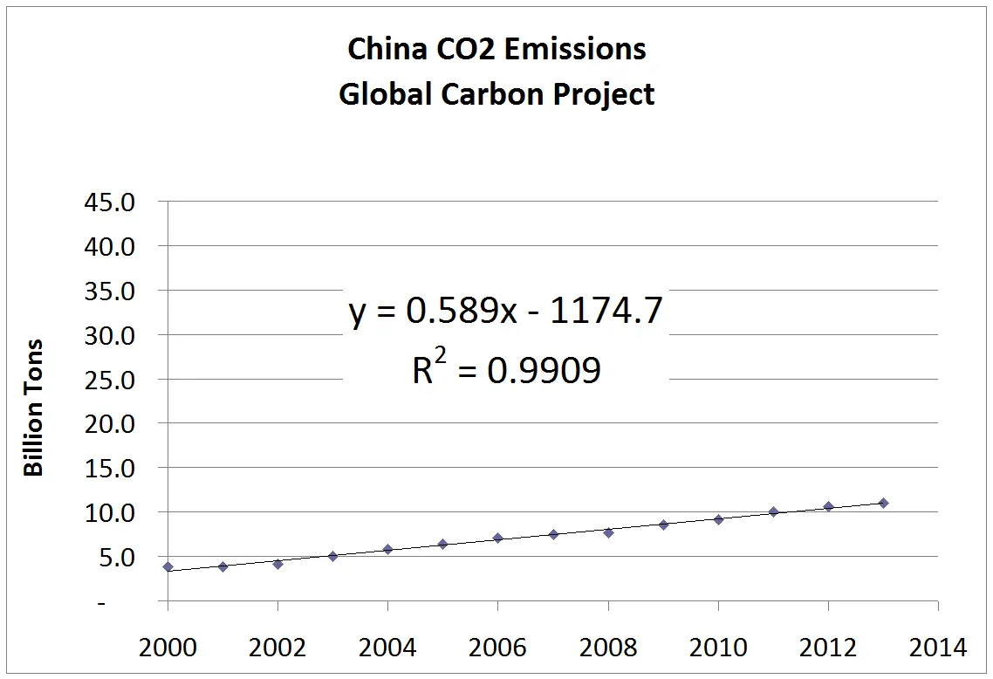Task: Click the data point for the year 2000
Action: point(168,566)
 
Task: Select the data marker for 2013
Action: point(883,503)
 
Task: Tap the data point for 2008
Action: point(608,532)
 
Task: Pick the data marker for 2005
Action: point(442,544)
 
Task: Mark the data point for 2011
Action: point(773,511)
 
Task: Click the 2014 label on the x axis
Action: point(938,648)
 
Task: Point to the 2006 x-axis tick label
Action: point(497,648)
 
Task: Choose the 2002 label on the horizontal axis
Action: point(277,648)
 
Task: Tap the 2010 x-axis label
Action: point(717,648)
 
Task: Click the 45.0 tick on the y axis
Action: point(110,202)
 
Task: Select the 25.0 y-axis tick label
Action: point(110,380)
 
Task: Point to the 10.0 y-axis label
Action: point(110,512)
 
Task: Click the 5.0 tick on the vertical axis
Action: point(117,557)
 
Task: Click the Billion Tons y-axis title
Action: point(33,408)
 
